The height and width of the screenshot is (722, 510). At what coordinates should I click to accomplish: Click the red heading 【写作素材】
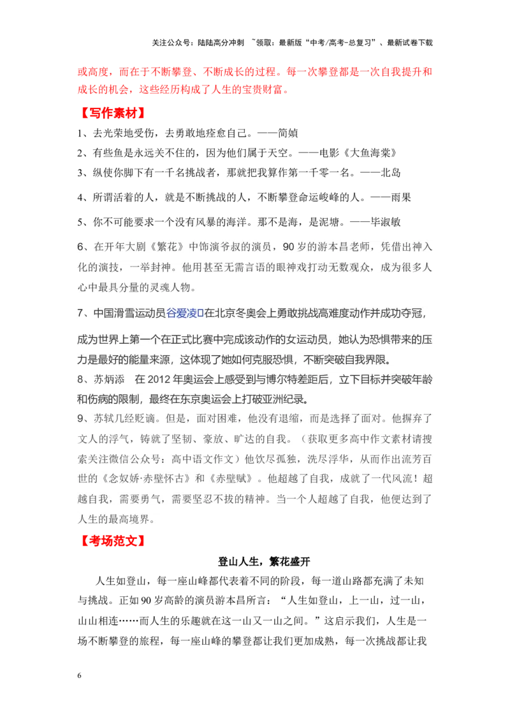click(113, 113)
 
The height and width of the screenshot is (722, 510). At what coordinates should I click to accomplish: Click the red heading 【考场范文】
click(113, 541)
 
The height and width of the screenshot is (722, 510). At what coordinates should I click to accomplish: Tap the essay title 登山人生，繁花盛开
click(264, 561)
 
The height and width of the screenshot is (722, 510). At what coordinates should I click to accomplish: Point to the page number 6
click(79, 675)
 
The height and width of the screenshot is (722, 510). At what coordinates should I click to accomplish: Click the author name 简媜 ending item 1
click(288, 133)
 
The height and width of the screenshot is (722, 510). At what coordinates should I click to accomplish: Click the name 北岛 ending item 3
click(390, 173)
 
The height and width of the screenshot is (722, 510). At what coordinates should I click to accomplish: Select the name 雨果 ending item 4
click(400, 198)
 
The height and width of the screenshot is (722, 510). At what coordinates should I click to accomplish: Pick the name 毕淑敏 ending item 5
click(385, 222)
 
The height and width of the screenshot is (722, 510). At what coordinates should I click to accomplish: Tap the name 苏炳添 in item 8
click(109, 379)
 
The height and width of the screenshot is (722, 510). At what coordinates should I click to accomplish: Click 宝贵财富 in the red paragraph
click(261, 89)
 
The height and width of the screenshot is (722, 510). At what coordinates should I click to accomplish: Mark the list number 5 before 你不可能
click(80, 223)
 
